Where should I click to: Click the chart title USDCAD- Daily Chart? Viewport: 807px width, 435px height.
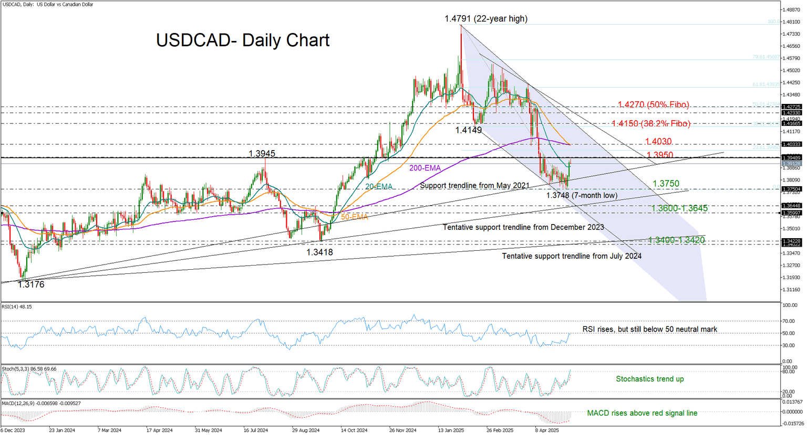(x=243, y=40)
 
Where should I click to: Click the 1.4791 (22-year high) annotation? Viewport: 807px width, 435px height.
(x=485, y=19)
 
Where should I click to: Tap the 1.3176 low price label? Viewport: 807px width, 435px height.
(x=31, y=285)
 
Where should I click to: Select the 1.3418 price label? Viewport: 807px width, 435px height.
(x=319, y=252)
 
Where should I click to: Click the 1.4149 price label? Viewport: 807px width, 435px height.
(x=468, y=130)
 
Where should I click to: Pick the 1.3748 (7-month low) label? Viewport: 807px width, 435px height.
(x=582, y=196)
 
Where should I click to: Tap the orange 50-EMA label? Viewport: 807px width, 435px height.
(x=354, y=217)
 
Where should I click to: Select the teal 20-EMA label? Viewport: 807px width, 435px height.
(x=379, y=187)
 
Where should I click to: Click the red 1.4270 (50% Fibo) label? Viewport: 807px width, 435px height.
(x=653, y=105)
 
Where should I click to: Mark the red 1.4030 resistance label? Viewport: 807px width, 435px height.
(x=659, y=142)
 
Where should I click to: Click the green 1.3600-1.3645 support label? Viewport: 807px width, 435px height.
(x=679, y=208)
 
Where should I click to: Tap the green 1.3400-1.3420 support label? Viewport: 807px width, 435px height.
(x=676, y=240)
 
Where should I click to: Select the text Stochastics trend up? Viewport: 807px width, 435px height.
(x=649, y=379)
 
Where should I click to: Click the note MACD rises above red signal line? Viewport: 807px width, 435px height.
(x=642, y=413)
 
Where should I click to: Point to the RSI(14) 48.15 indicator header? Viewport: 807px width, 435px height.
(x=17, y=306)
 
